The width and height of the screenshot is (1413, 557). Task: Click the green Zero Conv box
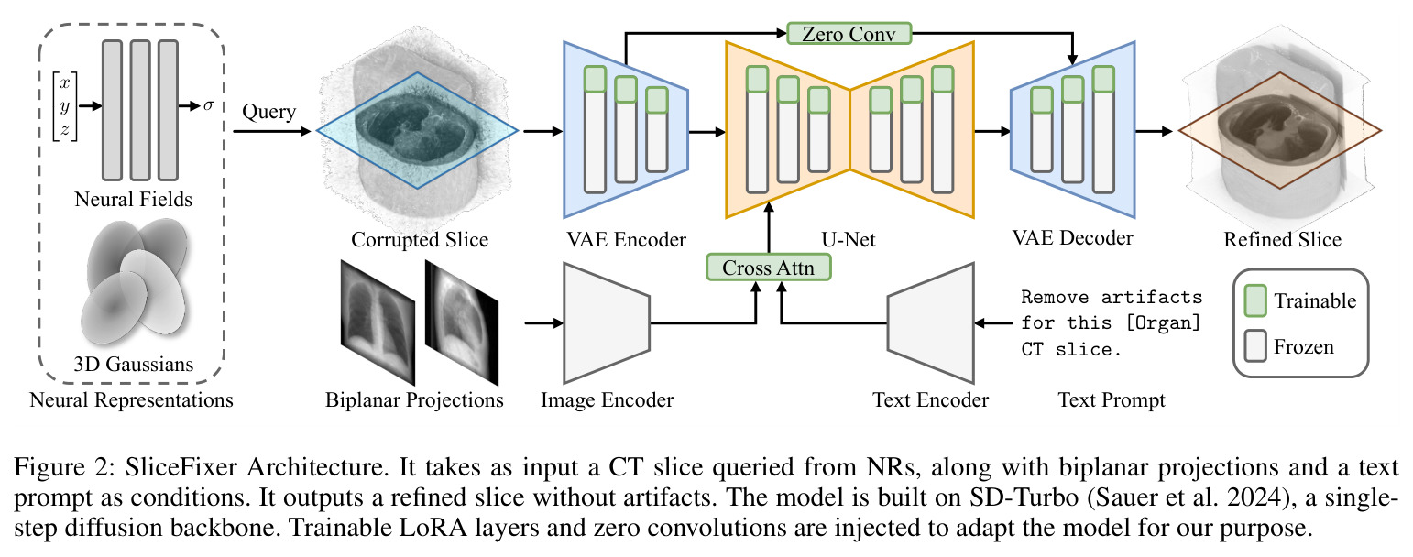(x=849, y=33)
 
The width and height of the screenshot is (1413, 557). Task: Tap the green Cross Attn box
(x=768, y=267)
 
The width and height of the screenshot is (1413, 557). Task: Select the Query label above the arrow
(x=268, y=113)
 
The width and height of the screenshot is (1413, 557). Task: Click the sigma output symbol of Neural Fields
(x=209, y=105)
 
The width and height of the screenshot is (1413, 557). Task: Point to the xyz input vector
(x=65, y=106)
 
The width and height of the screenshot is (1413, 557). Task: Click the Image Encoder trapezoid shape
(x=607, y=323)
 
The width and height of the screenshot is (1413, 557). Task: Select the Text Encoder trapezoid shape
(x=930, y=323)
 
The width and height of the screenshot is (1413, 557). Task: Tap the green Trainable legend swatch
(x=1255, y=300)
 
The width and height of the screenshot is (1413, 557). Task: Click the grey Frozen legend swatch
(x=1255, y=345)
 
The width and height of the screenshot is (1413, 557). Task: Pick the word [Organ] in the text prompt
(x=1163, y=323)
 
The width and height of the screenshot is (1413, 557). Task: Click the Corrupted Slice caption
(x=420, y=240)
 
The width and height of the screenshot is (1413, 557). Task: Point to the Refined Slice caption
(x=1283, y=240)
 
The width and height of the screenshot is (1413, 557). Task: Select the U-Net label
(x=849, y=240)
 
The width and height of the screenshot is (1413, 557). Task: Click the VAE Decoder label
(x=1072, y=238)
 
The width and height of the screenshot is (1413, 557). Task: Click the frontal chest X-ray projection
(x=378, y=322)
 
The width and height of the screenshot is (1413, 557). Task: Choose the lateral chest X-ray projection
(x=462, y=322)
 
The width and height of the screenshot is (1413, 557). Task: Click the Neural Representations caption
(x=131, y=400)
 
